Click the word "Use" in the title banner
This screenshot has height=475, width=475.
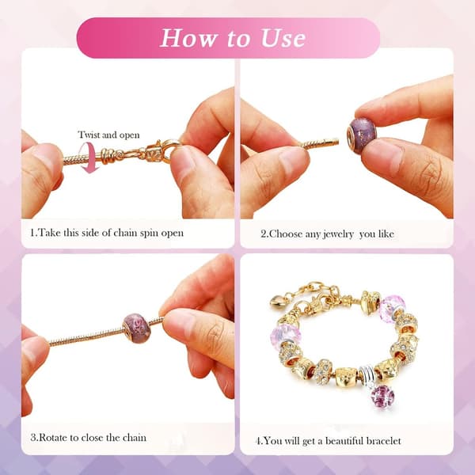point(283,38)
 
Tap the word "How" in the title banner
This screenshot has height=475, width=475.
point(188,38)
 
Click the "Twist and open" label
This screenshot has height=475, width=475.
point(108,135)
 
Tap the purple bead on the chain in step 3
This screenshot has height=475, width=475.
point(137,329)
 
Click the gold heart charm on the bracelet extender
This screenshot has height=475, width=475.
point(277,302)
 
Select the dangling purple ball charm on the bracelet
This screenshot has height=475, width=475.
point(383,397)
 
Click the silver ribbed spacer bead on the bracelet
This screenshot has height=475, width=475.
point(368,374)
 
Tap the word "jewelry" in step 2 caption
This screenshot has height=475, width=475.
point(338,234)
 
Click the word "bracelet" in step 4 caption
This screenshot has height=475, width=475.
point(384,441)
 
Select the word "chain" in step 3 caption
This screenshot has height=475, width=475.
point(135,438)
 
